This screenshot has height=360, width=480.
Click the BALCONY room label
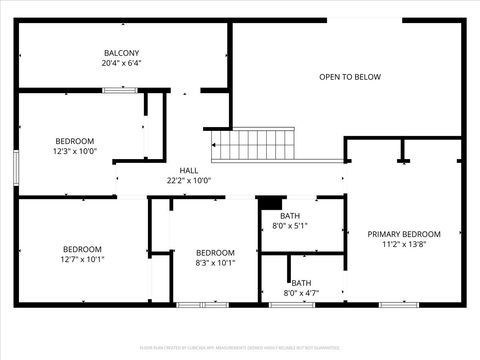pos(121,53)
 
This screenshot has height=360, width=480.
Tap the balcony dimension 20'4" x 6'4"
pos(121,63)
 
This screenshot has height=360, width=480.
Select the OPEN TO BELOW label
pos(349,76)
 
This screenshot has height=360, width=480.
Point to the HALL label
pos(188,171)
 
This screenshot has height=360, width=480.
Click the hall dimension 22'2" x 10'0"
pos(188,181)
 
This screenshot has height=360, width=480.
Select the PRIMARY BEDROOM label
pos(403,234)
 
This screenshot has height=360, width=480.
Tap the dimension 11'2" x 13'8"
pos(403,244)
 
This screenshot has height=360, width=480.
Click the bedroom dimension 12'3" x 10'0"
pos(74,151)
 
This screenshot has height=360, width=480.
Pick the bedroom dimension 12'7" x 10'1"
pos(82,259)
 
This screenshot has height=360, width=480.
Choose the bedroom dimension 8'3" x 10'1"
pos(214,263)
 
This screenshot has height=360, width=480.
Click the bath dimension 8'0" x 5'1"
pos(290,226)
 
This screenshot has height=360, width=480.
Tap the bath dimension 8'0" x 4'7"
pos(301,293)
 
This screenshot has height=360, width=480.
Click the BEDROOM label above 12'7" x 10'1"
pos(82,249)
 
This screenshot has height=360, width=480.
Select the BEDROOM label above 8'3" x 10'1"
pos(214,252)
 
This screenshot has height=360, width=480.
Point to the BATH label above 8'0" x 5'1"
pos(290,216)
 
